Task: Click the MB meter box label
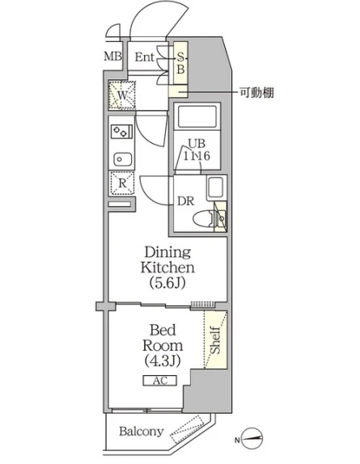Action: pyautogui.click(x=112, y=56)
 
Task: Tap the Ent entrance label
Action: pyautogui.click(x=145, y=57)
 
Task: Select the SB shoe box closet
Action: pyautogui.click(x=180, y=62)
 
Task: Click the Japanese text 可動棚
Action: pyautogui.click(x=256, y=93)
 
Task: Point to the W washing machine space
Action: pyautogui.click(x=121, y=95)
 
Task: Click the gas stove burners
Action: pyautogui.click(x=121, y=132)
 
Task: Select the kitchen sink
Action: pyautogui.click(x=123, y=159)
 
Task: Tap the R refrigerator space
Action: pyautogui.click(x=122, y=183)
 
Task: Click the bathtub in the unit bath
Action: pyautogui.click(x=197, y=116)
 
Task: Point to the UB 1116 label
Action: pyautogui.click(x=197, y=150)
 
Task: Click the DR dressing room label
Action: pyautogui.click(x=185, y=201)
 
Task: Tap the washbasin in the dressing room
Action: pyautogui.click(x=215, y=188)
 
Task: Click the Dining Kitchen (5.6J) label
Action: pyautogui.click(x=167, y=268)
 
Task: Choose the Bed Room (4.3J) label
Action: pyautogui.click(x=163, y=345)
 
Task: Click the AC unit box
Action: pyautogui.click(x=160, y=381)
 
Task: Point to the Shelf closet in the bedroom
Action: pyautogui.click(x=215, y=340)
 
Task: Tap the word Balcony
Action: pyautogui.click(x=142, y=432)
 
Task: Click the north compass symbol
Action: pyautogui.click(x=252, y=439)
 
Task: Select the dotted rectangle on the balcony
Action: pyautogui.click(x=188, y=429)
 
